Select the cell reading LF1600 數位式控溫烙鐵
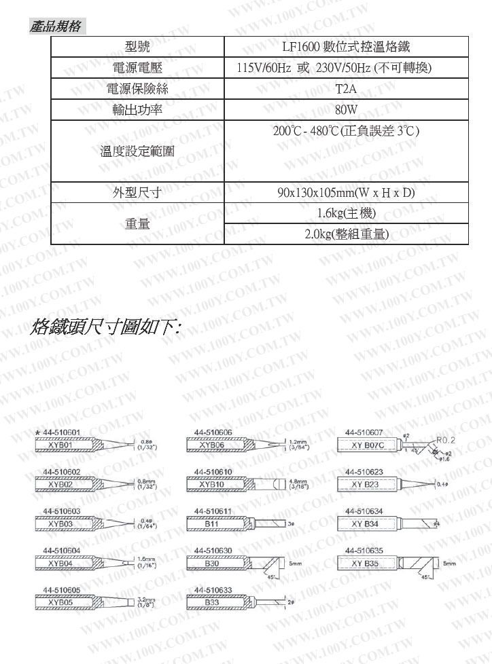click(x=346, y=47)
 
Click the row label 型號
click(x=138, y=47)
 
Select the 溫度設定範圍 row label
click(x=138, y=151)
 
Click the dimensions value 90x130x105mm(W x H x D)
click(x=346, y=192)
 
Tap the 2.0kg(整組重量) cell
click(x=346, y=234)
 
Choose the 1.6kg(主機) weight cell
click(x=346, y=213)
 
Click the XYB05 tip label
click(x=60, y=602)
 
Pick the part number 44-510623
click(x=364, y=471)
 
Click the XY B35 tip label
click(x=365, y=564)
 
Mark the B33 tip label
click(x=212, y=602)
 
